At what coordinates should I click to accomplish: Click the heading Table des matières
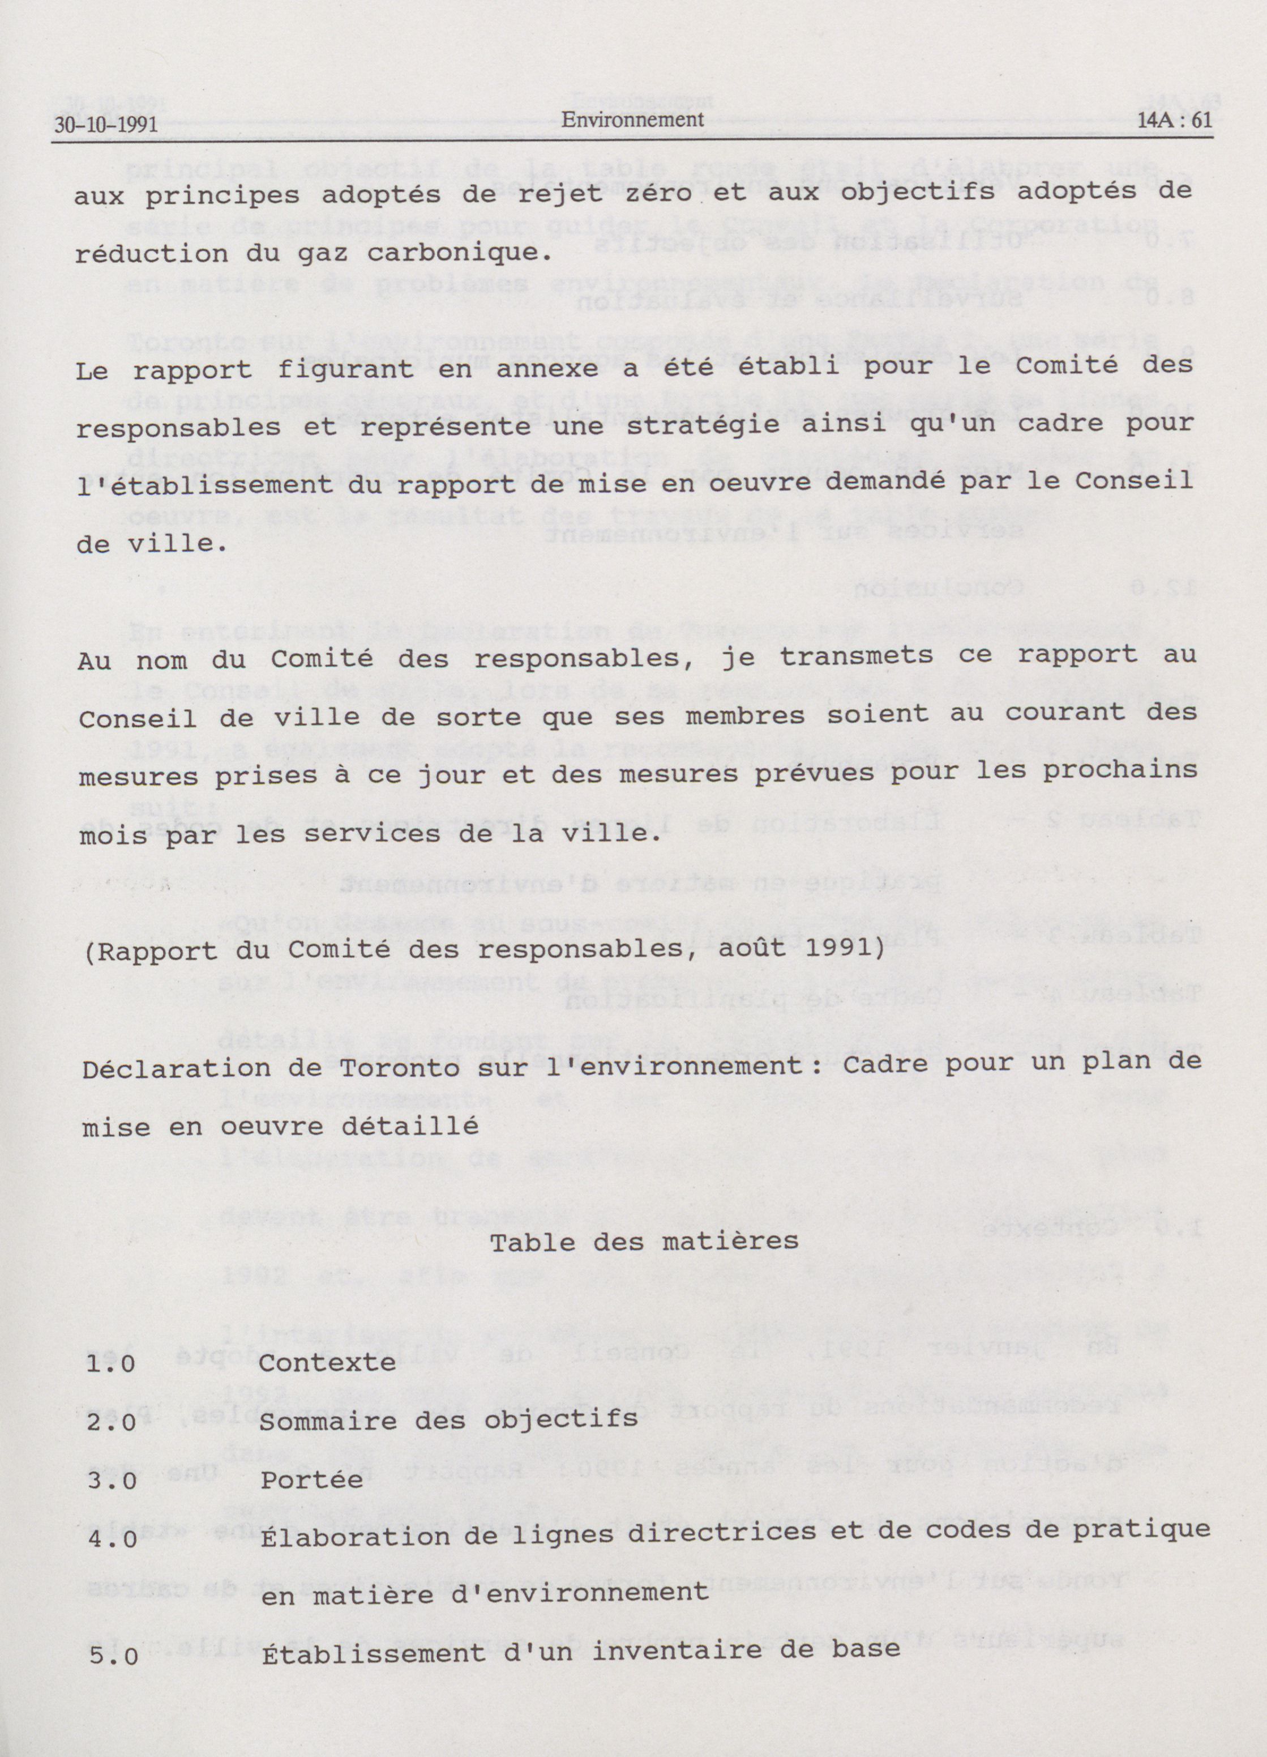[644, 1242]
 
